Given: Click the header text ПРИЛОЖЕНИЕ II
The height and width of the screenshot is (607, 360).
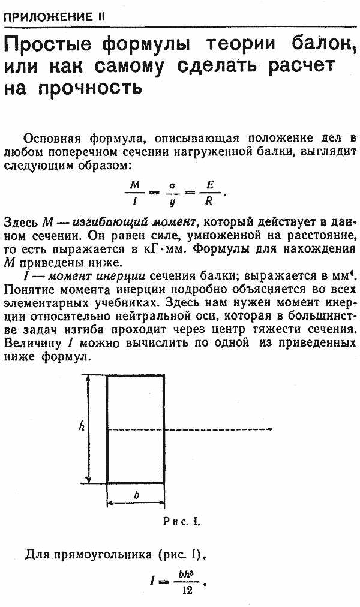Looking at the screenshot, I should tap(54, 17).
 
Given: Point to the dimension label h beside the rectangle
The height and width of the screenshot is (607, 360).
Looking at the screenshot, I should tap(82, 426).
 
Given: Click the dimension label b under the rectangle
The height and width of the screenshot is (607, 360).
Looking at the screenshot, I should tap(136, 495).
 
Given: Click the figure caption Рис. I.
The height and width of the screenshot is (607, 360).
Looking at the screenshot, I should tap(181, 522).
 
